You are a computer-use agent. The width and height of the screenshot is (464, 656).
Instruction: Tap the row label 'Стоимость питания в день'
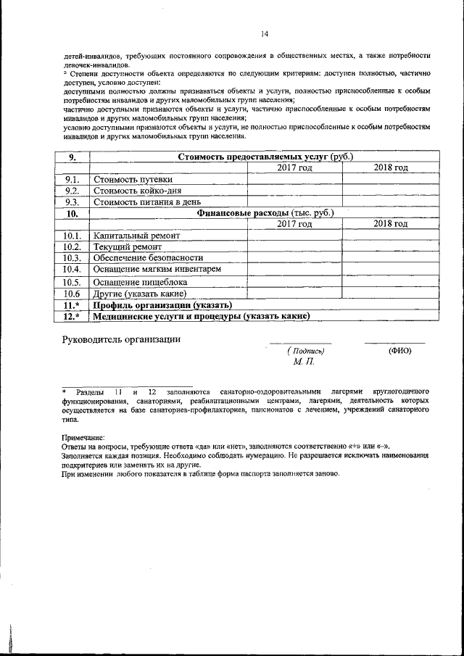(147, 202)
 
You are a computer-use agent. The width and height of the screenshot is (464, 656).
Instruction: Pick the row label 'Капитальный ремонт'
(136, 236)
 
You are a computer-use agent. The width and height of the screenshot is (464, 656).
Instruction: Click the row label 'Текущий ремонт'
(128, 247)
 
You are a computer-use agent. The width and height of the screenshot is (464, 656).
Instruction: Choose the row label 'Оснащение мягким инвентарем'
(157, 269)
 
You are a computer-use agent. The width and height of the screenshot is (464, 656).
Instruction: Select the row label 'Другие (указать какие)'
(141, 294)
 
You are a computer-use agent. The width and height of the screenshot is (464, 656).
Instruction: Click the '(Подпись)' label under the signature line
(304, 351)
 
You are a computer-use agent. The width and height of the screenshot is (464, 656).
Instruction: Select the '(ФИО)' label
(399, 351)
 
